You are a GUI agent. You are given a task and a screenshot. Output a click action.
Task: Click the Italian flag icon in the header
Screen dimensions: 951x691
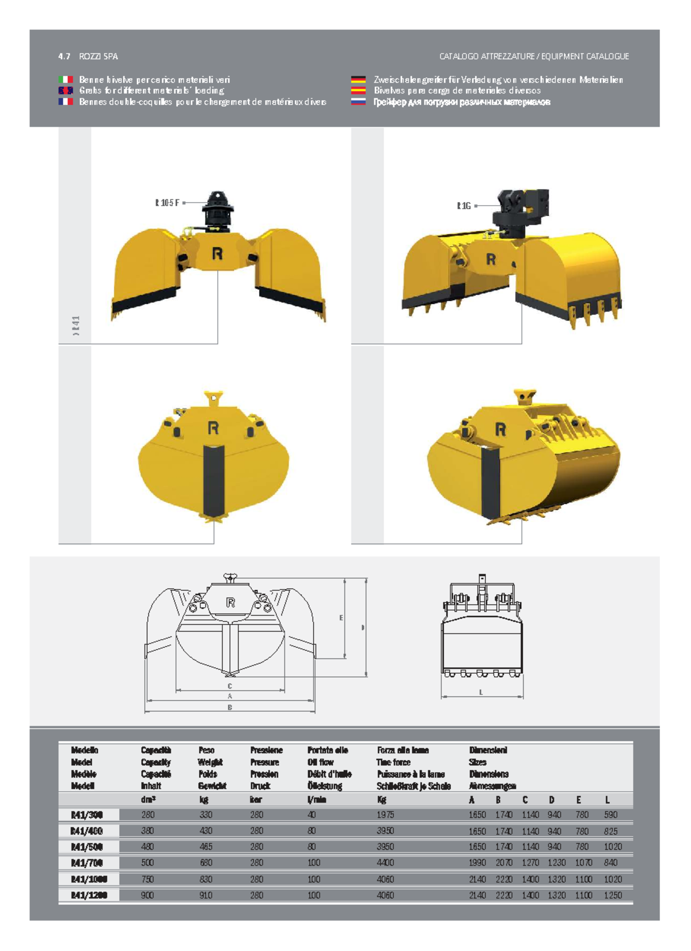pos(66,79)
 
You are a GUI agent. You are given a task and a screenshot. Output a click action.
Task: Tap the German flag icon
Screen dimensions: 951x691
pos(358,79)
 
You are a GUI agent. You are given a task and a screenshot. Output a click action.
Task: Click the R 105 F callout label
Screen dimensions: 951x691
pos(167,203)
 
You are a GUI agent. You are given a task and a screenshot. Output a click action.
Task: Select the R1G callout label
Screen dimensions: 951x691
pos(464,206)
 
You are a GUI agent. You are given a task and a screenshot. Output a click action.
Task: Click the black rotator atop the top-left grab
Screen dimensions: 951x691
pos(217,210)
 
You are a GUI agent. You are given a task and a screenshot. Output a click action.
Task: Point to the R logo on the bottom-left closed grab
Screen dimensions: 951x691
pos(213,428)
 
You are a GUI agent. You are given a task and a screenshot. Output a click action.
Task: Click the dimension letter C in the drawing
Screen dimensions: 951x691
pos(230,686)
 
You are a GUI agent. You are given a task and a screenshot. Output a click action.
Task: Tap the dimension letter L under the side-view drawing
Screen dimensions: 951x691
pos(481,692)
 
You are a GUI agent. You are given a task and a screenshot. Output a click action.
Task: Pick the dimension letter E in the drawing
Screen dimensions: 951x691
pos(341,618)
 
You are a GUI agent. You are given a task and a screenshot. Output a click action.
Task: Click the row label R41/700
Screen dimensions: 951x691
pos(86,863)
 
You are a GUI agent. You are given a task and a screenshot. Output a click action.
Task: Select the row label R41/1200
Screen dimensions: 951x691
pos(89,895)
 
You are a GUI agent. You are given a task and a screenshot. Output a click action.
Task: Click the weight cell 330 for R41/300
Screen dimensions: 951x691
pos(206,815)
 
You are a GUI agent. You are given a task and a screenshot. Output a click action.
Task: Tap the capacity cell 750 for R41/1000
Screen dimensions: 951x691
pos(147,879)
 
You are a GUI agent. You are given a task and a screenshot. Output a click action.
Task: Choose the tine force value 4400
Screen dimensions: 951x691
pos(385,863)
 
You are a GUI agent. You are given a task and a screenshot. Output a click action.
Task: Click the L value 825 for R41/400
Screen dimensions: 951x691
pos(611,831)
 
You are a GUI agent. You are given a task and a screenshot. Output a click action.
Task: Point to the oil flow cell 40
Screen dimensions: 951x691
pos(312,815)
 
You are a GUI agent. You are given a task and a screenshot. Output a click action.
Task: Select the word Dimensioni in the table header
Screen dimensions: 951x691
pos(488,750)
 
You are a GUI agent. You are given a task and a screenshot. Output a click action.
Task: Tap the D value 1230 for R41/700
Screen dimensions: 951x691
pos(556,863)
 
